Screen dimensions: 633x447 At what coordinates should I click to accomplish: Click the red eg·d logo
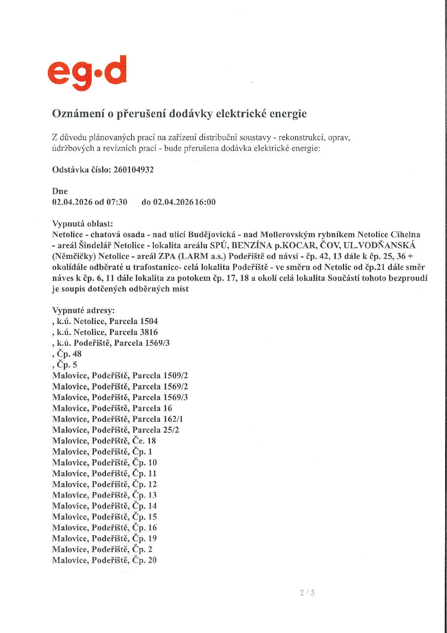(x=87, y=73)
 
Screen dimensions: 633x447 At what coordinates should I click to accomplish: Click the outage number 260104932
(x=133, y=170)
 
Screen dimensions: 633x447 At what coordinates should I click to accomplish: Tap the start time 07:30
(x=117, y=202)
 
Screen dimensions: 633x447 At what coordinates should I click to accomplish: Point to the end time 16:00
(x=205, y=202)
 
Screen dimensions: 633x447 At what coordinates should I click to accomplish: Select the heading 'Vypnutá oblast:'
(x=82, y=224)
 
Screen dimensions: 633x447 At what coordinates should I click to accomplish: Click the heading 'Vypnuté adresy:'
(x=83, y=310)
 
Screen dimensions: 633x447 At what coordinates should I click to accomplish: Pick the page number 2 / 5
(x=307, y=593)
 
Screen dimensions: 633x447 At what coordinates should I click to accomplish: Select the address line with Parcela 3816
(x=105, y=332)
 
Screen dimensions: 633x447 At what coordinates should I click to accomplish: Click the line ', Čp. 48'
(x=67, y=354)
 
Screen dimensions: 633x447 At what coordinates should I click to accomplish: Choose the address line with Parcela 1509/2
(x=120, y=376)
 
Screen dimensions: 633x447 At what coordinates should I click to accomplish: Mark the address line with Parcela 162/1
(x=118, y=419)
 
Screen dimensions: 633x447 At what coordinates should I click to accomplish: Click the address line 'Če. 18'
(x=104, y=441)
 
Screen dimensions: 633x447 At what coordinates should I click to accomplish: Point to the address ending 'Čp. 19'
(x=104, y=539)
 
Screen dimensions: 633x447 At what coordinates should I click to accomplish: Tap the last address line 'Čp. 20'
(x=104, y=560)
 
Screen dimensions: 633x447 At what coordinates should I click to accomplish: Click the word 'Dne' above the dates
(x=60, y=191)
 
